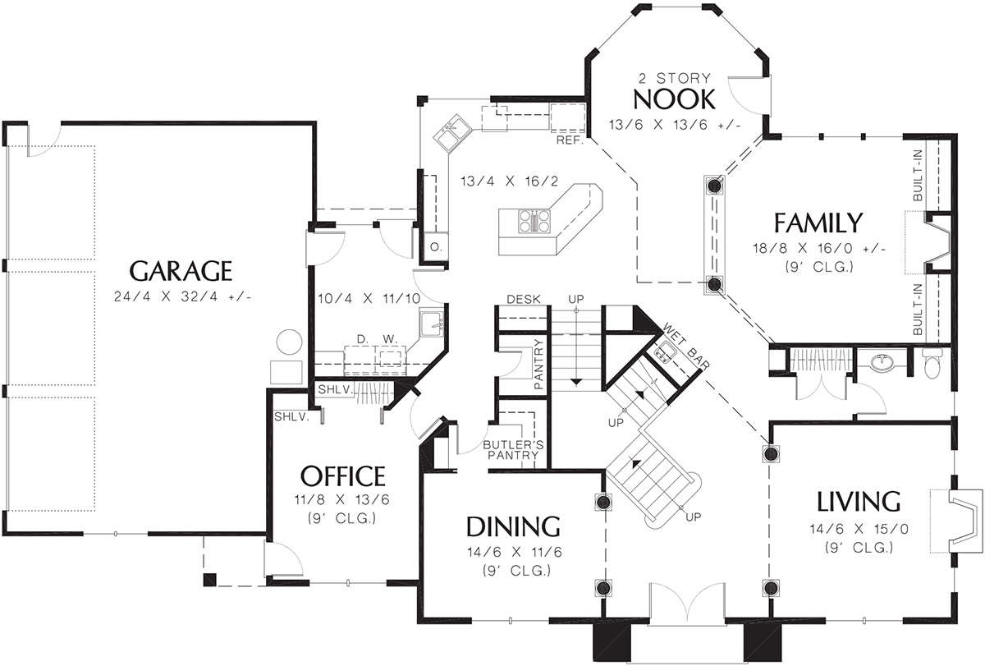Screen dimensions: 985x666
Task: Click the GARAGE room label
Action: [x=181, y=271]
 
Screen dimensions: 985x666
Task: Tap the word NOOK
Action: [x=674, y=99]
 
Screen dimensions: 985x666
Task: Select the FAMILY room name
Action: [x=818, y=223]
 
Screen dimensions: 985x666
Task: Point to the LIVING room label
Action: [x=859, y=502]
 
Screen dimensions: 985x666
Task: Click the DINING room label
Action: [x=513, y=527]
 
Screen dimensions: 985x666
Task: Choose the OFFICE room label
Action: [x=343, y=476]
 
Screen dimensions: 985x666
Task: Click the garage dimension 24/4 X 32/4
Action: [x=182, y=297]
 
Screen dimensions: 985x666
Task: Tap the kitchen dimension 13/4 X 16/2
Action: [x=509, y=181]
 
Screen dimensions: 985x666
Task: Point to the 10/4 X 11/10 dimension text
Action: [x=369, y=299]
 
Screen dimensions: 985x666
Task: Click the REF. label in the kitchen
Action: [x=570, y=140]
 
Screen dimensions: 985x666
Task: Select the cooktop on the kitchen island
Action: [x=534, y=221]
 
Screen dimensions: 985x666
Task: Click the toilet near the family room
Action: [x=932, y=362]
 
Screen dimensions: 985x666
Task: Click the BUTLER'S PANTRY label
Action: [x=513, y=450]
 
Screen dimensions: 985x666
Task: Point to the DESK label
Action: [x=524, y=299]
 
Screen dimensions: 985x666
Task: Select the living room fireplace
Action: [x=958, y=521]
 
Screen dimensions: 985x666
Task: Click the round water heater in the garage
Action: [x=289, y=342]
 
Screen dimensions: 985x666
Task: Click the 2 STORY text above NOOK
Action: [x=674, y=78]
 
